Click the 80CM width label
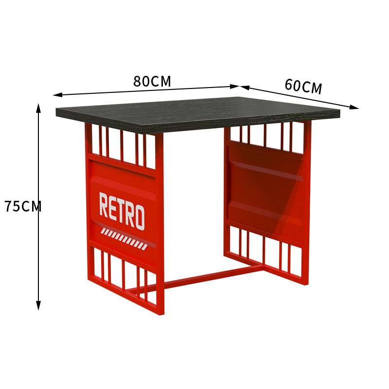pos(152,81)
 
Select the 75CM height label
pos(23,207)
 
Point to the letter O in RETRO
pos(139,217)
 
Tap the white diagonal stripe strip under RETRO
pos(124,239)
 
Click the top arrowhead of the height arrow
pos(38,107)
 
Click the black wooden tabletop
pos(194,112)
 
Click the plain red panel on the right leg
pos(265,187)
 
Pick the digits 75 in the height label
pos(13,207)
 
